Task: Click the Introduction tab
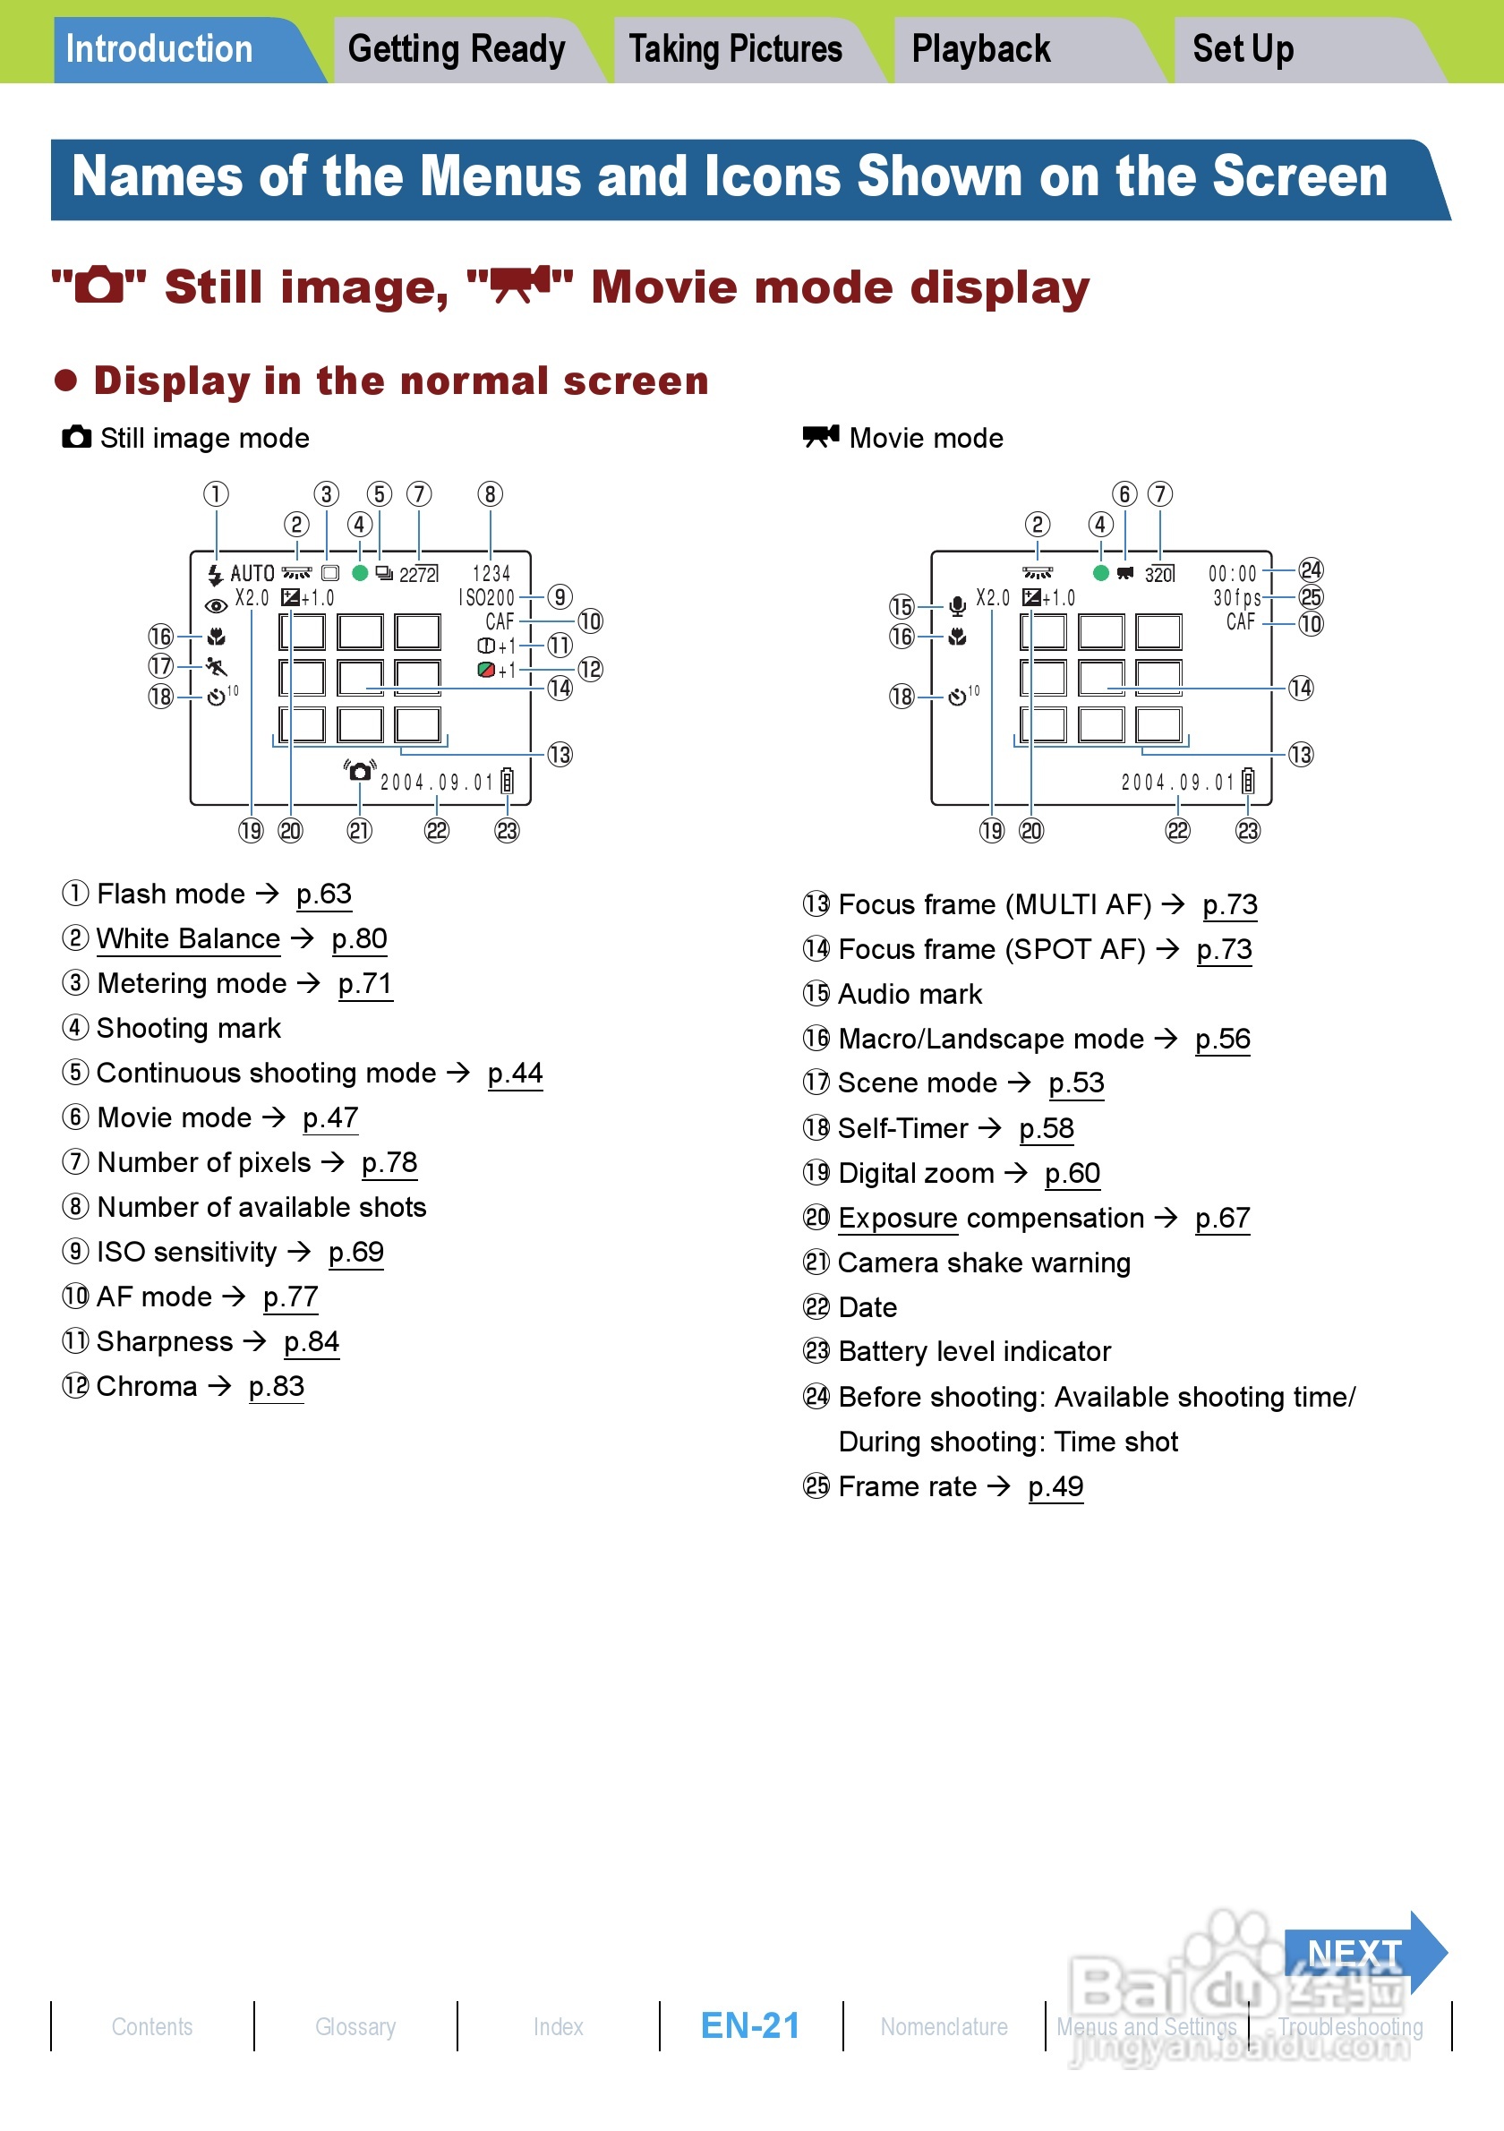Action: [x=158, y=49]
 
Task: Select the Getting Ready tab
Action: [x=456, y=49]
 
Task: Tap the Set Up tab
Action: [x=1243, y=49]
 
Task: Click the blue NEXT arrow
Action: [x=1361, y=1953]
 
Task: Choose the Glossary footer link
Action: [x=355, y=2026]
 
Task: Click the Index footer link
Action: [x=559, y=2026]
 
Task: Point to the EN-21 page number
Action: [x=750, y=2025]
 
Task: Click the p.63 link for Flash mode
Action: [x=324, y=894]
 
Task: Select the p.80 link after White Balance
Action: [x=359, y=938]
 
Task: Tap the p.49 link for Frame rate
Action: [x=1055, y=1487]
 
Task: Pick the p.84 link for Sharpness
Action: [x=312, y=1342]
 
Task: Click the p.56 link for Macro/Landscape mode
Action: [x=1222, y=1039]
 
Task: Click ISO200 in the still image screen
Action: [x=487, y=598]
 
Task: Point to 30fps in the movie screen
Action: [x=1237, y=598]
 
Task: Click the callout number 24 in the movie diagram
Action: [x=1310, y=569]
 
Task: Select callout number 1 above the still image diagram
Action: [x=216, y=493]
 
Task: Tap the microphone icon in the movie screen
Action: [x=958, y=606]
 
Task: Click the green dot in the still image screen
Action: [x=360, y=573]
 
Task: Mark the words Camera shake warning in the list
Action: [x=984, y=1263]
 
